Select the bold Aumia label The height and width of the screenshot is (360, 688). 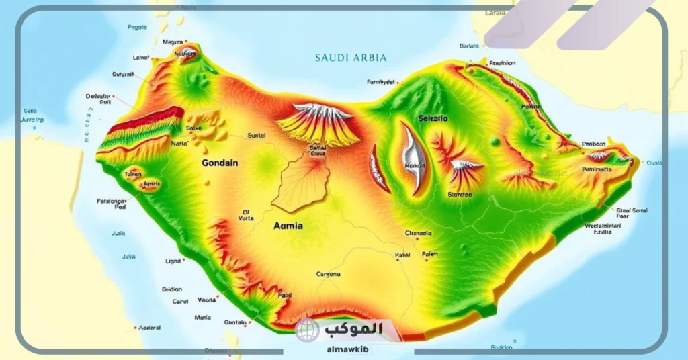coord(288,226)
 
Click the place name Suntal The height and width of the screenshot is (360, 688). coord(257,135)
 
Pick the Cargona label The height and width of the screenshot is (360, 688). coord(328,274)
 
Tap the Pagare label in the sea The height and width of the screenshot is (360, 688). coord(137,28)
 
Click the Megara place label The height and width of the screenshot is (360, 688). coord(173,42)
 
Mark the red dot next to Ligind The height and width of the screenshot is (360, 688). coord(185,261)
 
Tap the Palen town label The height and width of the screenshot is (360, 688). coord(429,255)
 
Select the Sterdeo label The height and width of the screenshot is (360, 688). coord(460,194)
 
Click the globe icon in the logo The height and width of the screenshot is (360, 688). coord(308,330)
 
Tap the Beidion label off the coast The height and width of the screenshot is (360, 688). coord(172,289)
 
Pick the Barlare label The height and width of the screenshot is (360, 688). coord(469,46)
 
